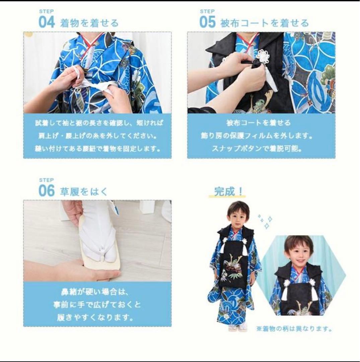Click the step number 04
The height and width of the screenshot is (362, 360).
(46, 22)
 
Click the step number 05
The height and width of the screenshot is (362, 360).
(208, 22)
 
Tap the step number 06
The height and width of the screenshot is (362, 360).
(46, 190)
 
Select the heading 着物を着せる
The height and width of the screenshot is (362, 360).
(89, 23)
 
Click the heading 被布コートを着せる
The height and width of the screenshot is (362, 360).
(264, 23)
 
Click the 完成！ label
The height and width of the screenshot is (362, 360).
(229, 191)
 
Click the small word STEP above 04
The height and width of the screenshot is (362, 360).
(44, 11)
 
